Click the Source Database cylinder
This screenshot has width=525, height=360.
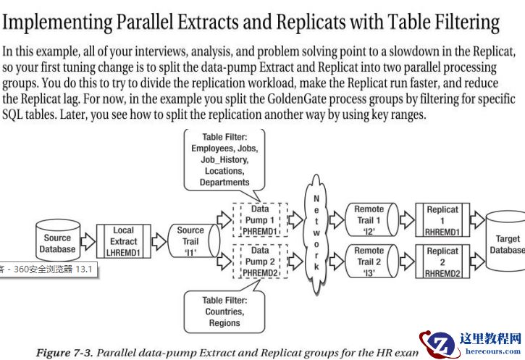58,240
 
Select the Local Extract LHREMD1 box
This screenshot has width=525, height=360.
124,241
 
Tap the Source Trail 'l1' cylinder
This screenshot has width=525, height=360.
194,241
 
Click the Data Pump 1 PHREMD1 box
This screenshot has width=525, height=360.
260,220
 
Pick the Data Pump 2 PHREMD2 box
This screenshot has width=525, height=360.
260,261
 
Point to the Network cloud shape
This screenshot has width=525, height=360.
316,234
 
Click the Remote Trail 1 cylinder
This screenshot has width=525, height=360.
371,219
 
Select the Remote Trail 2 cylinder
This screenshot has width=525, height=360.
371,261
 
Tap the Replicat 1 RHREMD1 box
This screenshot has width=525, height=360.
442,220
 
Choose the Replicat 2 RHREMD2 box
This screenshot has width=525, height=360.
442,261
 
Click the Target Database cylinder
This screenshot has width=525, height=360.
505,241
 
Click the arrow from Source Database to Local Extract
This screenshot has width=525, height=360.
88,241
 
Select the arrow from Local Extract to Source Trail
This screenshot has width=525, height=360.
159,241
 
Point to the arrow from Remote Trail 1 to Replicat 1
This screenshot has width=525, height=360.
407,220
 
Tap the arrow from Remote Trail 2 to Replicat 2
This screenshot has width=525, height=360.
407,261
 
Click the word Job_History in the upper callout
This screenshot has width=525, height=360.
224,160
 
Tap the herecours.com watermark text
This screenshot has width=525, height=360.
493,351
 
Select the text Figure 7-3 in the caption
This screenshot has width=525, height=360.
64,353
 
